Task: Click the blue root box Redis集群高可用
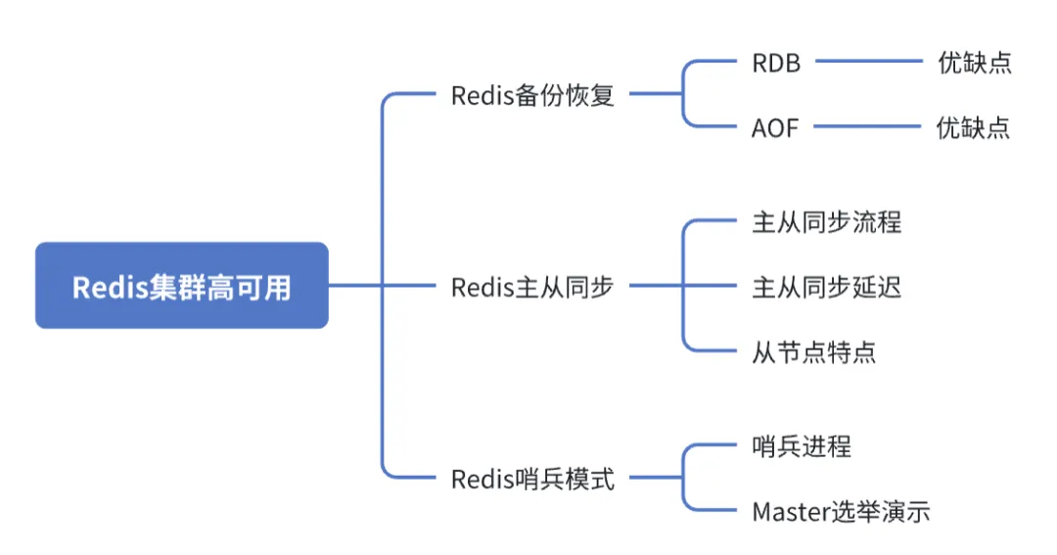[x=182, y=286]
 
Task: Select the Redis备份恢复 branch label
[x=532, y=95]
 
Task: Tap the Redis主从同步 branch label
[x=532, y=287]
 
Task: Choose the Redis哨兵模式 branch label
[x=532, y=479]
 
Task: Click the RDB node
[x=776, y=64]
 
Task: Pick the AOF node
[x=775, y=127]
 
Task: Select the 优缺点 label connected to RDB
[x=974, y=64]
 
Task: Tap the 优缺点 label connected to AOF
[x=973, y=127]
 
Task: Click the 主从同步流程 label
[x=826, y=222]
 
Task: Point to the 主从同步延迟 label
[x=826, y=287]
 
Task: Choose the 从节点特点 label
[x=813, y=351]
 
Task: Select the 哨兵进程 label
[x=802, y=446]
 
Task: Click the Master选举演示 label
[x=841, y=511]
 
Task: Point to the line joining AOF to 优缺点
[x=867, y=126]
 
